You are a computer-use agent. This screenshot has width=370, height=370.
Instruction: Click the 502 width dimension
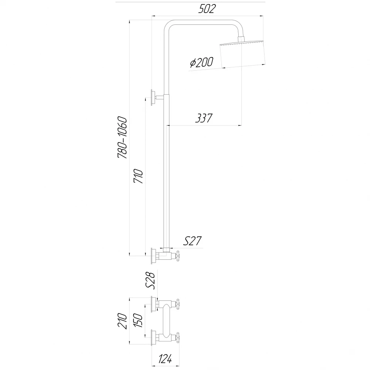point(207,9)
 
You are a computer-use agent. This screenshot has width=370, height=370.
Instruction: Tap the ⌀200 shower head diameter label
point(202,62)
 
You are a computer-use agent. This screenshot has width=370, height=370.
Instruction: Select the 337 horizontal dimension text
point(204,118)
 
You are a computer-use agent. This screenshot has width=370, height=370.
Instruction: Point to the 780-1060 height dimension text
point(122,137)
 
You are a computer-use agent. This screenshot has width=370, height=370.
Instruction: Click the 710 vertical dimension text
point(138,176)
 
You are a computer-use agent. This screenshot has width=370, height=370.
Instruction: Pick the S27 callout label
point(192,241)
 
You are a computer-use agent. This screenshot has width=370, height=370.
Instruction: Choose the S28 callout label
point(150,280)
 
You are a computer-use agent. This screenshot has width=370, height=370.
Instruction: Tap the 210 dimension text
point(122,321)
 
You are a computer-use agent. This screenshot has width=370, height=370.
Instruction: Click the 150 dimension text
point(138,320)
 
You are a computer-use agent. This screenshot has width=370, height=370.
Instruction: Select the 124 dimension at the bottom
point(165,359)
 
